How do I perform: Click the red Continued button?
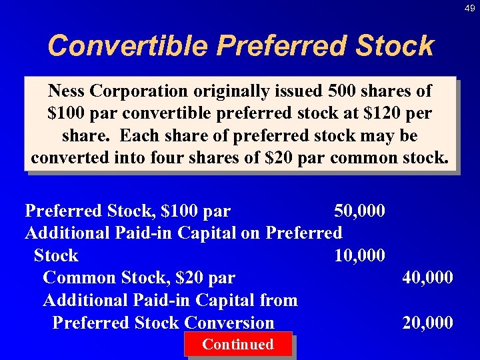(x=238, y=345)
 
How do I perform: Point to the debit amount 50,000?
(x=359, y=211)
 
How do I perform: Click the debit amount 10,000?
(x=359, y=255)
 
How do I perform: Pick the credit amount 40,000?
(x=427, y=277)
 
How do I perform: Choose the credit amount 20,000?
(x=427, y=323)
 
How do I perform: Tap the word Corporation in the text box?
(x=139, y=91)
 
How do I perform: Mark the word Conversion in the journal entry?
(x=229, y=323)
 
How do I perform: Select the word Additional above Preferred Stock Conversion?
(x=86, y=300)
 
